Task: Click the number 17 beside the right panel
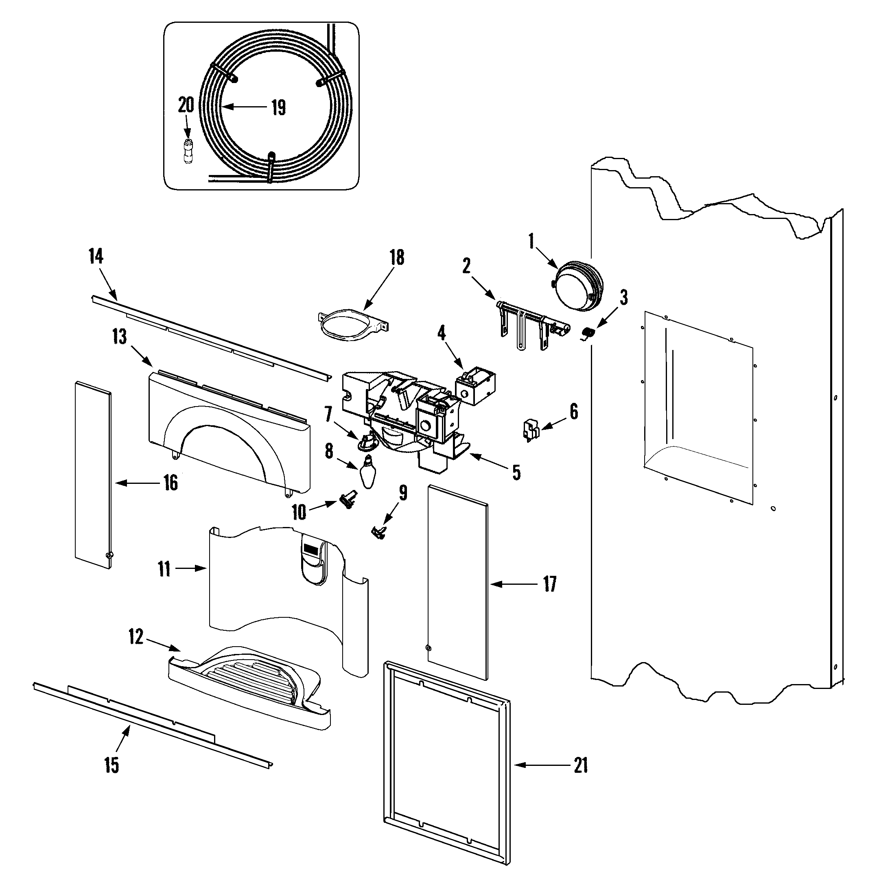coord(550,584)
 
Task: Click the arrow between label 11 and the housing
coord(190,568)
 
